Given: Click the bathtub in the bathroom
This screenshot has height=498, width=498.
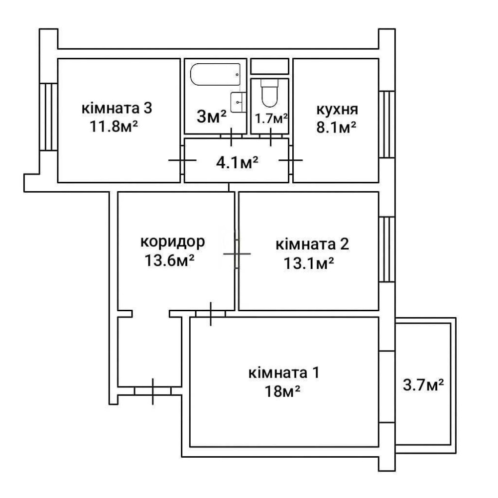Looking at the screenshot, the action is (215, 74).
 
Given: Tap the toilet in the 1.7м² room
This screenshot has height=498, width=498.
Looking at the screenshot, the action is (269, 93).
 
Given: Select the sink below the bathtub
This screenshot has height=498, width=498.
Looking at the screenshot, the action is (238, 102).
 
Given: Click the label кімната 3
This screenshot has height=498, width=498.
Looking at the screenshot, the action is (117, 108).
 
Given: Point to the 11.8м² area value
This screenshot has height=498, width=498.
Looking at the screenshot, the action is (114, 126).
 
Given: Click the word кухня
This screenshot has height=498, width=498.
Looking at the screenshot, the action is (337, 110).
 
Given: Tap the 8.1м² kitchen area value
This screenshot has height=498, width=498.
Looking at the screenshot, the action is (336, 127).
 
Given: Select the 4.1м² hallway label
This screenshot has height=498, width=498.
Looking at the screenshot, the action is (237, 163).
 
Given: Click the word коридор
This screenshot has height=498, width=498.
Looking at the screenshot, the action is (173, 243).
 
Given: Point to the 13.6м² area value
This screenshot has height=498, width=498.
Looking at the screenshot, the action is (170, 261).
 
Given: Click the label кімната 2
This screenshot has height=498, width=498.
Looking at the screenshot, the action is (312, 244).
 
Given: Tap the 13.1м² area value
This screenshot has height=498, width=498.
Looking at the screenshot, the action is (309, 263).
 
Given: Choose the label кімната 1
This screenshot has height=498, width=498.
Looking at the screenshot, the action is (284, 373).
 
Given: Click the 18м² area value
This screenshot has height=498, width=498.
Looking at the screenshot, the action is (283, 391).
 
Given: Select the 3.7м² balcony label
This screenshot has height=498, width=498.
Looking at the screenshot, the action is (423, 385).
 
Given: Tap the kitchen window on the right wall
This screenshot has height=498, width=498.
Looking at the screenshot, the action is (387, 124).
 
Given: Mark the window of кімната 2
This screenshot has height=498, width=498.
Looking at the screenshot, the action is (387, 249).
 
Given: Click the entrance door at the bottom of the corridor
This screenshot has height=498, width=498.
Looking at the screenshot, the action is (153, 391).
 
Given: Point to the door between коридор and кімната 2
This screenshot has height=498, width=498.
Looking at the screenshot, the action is (237, 254).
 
